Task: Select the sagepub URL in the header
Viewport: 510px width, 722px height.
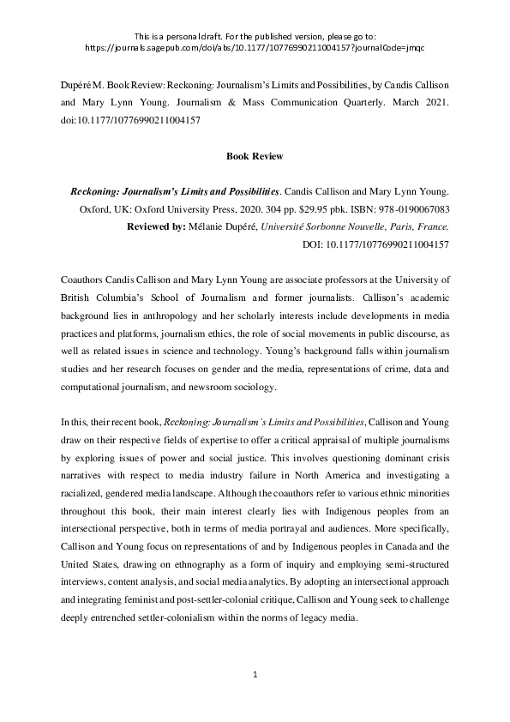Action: point(255,49)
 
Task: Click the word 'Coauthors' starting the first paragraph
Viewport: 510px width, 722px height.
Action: point(86,280)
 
